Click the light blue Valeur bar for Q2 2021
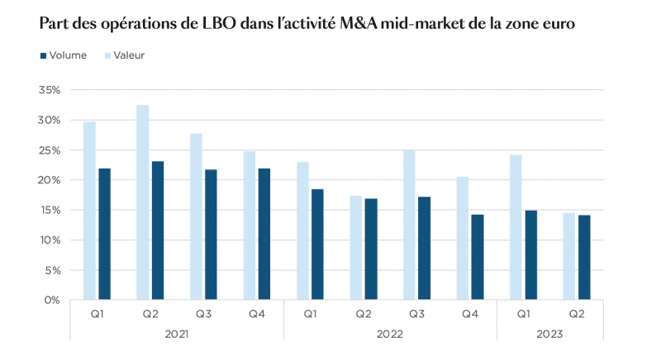(143, 202)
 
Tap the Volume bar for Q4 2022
(478, 257)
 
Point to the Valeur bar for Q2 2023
(569, 256)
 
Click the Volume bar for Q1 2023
(531, 255)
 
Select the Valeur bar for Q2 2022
(355, 248)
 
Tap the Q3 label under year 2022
(416, 313)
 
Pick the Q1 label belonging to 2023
(524, 313)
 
